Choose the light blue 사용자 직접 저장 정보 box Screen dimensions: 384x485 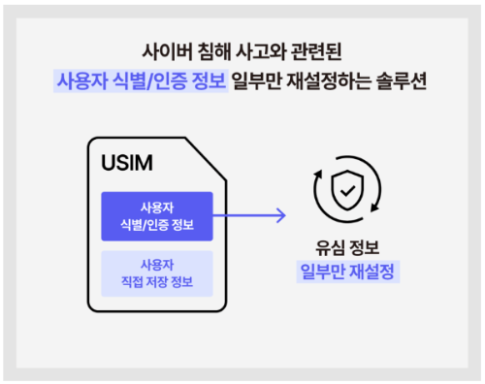pos(156,273)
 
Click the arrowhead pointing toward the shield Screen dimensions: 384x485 pos(281,215)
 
